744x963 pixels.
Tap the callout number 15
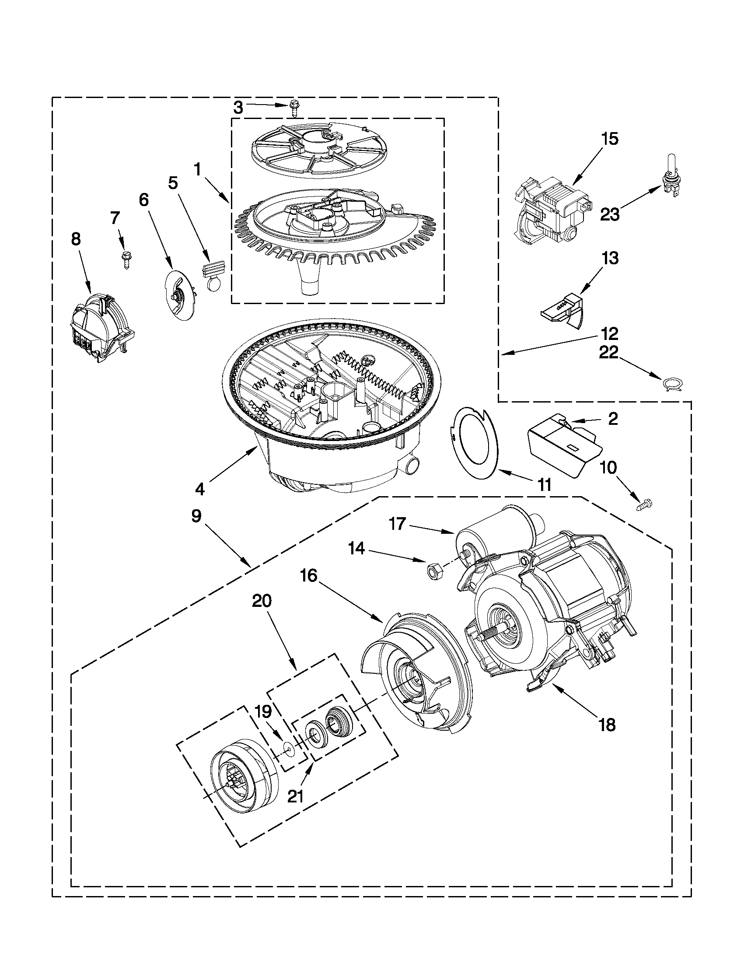[610, 139]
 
